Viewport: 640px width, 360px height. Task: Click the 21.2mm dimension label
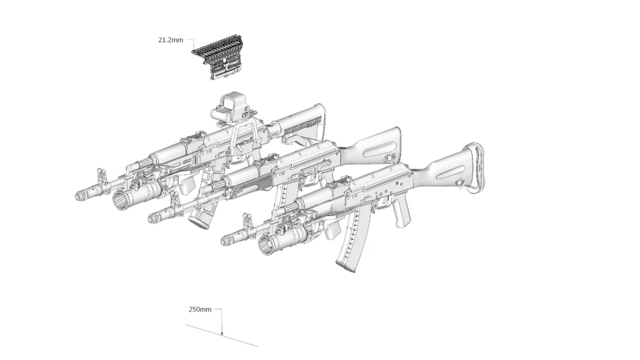[x=170, y=40]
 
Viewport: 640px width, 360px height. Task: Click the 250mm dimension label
[x=200, y=309]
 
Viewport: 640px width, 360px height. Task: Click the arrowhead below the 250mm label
[x=222, y=331]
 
